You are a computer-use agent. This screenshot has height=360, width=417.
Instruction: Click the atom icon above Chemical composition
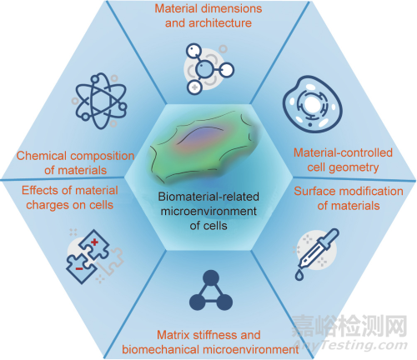point(101,101)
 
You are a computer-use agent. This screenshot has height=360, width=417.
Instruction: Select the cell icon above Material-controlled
point(312,104)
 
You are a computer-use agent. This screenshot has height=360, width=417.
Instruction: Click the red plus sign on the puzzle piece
point(94,242)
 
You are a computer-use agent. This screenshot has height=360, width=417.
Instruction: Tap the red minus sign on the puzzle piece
point(79,268)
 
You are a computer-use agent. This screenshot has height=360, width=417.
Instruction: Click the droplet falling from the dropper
point(299,275)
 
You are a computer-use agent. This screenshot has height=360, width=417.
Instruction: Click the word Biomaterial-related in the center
point(208,197)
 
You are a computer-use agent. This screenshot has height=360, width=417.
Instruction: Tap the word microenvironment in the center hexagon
point(208,212)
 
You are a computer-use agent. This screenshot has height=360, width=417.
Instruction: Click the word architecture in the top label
point(220,23)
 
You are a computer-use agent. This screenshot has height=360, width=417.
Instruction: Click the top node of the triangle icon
point(211,277)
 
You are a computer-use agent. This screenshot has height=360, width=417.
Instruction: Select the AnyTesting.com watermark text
point(349,345)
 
